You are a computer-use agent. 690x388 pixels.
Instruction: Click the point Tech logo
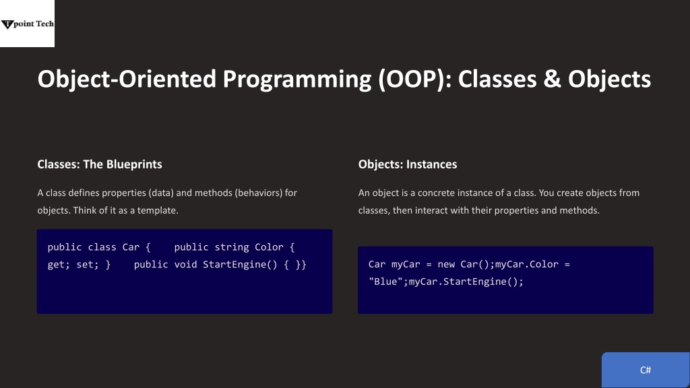tap(27, 24)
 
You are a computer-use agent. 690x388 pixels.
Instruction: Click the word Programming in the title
tap(297, 80)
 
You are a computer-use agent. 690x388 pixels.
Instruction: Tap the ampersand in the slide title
tap(552, 79)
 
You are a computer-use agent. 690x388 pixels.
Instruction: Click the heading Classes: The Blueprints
tap(100, 164)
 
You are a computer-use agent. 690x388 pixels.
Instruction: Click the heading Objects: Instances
tap(408, 164)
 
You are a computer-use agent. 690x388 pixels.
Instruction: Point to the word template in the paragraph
tap(158, 210)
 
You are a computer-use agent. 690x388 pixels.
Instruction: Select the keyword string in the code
tap(232, 247)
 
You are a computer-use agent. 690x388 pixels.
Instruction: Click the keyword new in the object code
tap(446, 264)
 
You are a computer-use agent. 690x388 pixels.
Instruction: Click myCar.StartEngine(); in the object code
tap(466, 282)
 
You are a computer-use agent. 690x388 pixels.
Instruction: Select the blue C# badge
tap(646, 370)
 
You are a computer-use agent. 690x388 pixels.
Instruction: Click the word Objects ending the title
tap(609, 79)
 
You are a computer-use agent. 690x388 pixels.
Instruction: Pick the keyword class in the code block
tap(102, 247)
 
